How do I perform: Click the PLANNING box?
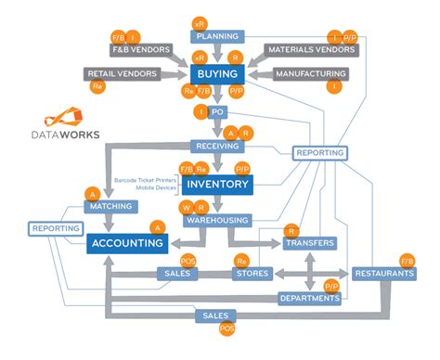point(216,37)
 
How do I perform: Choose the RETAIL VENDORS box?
point(121,72)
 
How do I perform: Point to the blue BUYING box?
point(216,73)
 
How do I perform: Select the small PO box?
point(217,112)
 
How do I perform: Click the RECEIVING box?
point(216,147)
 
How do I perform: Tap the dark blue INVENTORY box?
point(216,185)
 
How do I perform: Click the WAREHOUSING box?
point(216,221)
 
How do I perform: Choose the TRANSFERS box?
point(309,243)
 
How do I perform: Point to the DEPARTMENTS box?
point(309,298)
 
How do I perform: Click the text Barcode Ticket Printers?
point(147,179)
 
